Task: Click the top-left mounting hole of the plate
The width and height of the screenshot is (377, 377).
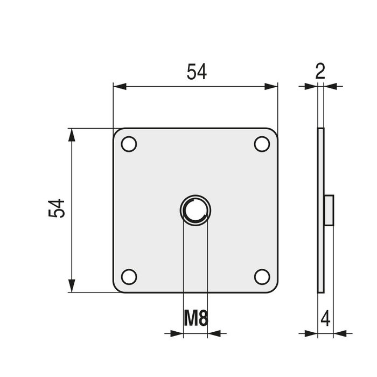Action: pyautogui.click(x=129, y=144)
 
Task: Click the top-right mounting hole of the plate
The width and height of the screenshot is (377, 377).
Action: pyautogui.click(x=262, y=144)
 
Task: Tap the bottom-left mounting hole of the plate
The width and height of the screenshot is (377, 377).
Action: pyautogui.click(x=129, y=276)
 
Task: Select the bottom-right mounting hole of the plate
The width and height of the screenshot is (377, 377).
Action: pyautogui.click(x=262, y=276)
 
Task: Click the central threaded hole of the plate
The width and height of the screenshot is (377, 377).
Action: pyautogui.click(x=195, y=210)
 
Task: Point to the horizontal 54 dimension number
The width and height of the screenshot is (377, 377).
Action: pyautogui.click(x=197, y=72)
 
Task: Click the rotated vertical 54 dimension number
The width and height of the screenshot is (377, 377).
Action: pyautogui.click(x=57, y=208)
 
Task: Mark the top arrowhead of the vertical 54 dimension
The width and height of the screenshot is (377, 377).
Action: pyautogui.click(x=71, y=135)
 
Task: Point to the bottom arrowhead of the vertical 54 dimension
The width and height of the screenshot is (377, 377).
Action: pyautogui.click(x=71, y=286)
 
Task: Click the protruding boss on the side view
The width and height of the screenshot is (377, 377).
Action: pyautogui.click(x=329, y=210)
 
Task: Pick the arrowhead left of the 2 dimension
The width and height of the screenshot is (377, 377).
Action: pyautogui.click(x=311, y=86)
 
